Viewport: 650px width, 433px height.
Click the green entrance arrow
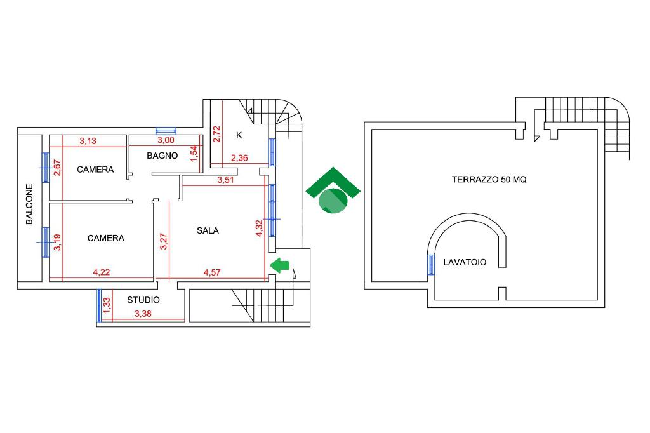[279, 266]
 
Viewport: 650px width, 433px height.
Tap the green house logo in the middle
[333, 192]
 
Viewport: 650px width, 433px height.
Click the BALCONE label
[30, 204]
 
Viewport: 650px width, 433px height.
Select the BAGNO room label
[162, 156]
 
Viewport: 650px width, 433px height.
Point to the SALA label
[208, 230]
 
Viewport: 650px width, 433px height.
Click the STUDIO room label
[143, 300]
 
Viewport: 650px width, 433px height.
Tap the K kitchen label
[239, 135]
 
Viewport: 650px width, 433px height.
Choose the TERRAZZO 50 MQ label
[489, 179]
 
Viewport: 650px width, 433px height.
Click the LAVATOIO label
[465, 262]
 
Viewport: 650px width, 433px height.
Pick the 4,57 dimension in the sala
[213, 273]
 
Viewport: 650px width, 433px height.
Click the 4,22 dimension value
[101, 273]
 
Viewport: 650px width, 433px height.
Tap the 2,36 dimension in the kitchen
[239, 158]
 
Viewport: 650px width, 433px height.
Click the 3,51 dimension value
[225, 180]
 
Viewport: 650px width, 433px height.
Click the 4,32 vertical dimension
[259, 229]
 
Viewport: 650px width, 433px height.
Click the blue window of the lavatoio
[431, 264]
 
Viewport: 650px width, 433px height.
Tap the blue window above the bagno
[166, 131]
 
